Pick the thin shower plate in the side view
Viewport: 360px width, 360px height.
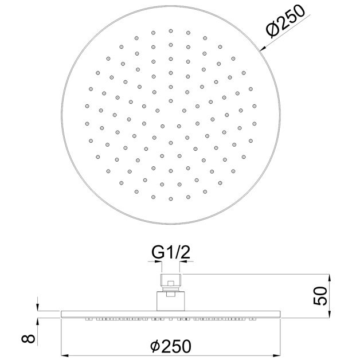click(171, 313)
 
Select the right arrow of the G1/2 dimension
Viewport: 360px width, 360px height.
click(182, 261)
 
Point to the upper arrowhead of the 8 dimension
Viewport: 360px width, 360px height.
click(38, 308)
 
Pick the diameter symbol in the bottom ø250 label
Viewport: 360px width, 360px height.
click(154, 346)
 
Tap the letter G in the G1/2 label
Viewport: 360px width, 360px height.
click(156, 252)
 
